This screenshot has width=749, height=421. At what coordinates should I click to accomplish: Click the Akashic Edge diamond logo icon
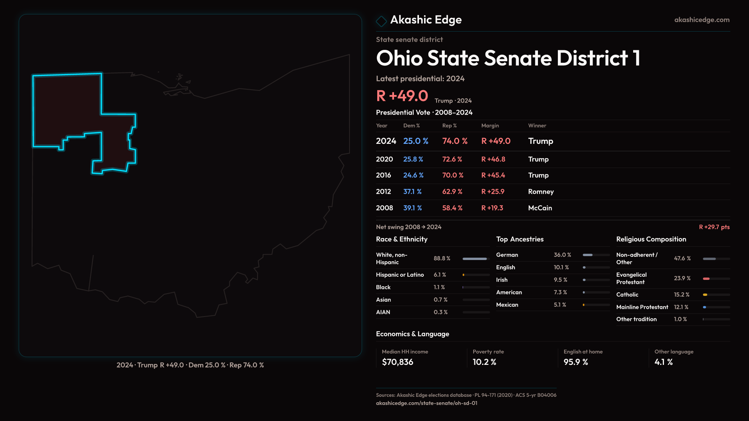coord(381,21)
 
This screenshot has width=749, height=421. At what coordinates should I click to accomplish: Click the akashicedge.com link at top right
coord(701,20)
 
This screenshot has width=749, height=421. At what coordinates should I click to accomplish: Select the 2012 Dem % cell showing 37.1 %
coord(412,192)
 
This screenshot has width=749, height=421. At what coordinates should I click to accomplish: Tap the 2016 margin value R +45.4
coord(493,175)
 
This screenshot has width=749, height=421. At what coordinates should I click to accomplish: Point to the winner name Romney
coord(541,192)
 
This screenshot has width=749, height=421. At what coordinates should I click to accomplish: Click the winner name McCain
coord(540,208)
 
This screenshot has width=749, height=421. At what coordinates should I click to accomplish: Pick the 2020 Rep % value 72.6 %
coord(452,159)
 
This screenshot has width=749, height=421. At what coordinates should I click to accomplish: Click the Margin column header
coord(490,126)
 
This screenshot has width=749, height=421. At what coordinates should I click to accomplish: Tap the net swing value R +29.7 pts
coord(714,227)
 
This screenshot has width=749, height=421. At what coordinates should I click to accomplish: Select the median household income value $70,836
coord(398,362)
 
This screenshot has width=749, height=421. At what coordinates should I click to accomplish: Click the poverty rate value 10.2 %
coord(484,362)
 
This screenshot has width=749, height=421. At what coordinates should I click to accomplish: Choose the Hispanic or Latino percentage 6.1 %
coord(440,275)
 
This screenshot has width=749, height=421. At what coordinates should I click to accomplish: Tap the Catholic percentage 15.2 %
coord(682,295)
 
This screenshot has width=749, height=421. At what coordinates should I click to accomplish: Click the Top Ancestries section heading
coord(520,239)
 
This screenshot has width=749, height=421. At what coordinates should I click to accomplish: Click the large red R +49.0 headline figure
coord(402,96)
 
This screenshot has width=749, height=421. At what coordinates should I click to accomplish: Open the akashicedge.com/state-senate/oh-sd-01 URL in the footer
coord(426,403)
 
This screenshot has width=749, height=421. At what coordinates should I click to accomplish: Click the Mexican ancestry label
coord(507,305)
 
